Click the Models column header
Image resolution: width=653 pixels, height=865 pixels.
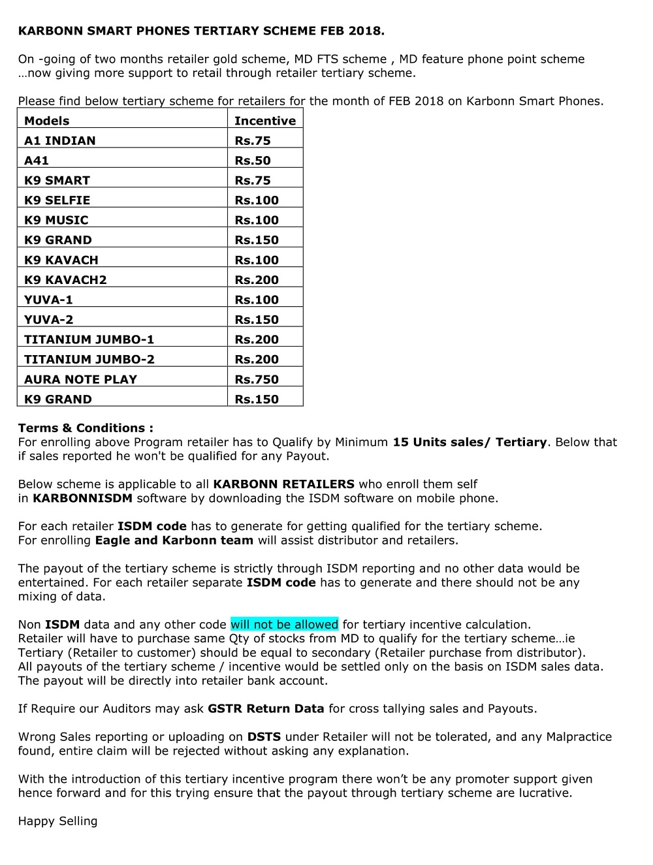46,121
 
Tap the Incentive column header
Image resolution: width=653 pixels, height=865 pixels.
264,121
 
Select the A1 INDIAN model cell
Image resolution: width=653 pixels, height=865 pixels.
59,141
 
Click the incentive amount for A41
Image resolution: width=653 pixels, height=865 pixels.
252,161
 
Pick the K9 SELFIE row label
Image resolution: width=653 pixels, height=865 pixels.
57,200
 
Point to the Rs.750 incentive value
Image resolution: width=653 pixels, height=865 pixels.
256,379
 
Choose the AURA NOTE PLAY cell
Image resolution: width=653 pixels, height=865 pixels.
80,379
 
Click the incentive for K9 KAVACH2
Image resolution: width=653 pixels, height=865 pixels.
256,280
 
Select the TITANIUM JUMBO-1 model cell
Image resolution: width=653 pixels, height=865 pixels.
89,339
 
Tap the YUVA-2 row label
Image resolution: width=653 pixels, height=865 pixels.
48,320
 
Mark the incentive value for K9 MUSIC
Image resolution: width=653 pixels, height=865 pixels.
256,220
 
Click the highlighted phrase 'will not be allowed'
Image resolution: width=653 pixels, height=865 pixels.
284,625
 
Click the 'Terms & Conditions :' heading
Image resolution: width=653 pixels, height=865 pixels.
86,428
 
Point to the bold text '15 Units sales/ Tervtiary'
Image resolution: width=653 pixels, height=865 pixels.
469,443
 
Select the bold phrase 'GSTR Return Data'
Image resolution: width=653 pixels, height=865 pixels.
265,709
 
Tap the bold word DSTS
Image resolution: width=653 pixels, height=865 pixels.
264,737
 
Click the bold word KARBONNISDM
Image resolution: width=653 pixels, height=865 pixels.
82,499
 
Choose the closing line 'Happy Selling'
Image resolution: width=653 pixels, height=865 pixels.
57,821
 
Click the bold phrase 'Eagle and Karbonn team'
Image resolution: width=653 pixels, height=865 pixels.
174,541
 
